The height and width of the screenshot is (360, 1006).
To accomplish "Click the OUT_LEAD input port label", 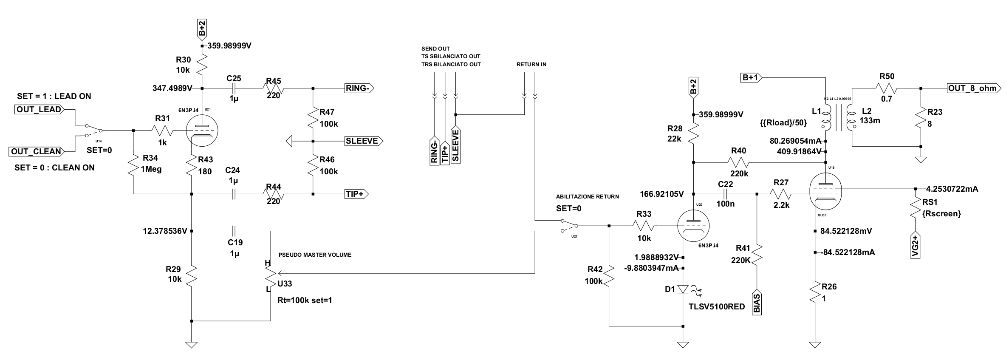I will pos(39,109).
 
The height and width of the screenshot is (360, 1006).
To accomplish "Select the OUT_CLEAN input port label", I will pos(36,151).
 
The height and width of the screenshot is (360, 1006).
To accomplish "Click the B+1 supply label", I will pos(750,77).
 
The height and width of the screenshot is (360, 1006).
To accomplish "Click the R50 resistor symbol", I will pos(887,88).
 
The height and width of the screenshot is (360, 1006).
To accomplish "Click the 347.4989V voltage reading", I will pos(172,88).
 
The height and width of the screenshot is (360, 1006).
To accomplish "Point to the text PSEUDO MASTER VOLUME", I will pos(315,255).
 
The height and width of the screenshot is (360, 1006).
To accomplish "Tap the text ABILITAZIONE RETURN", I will pos(587,197).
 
